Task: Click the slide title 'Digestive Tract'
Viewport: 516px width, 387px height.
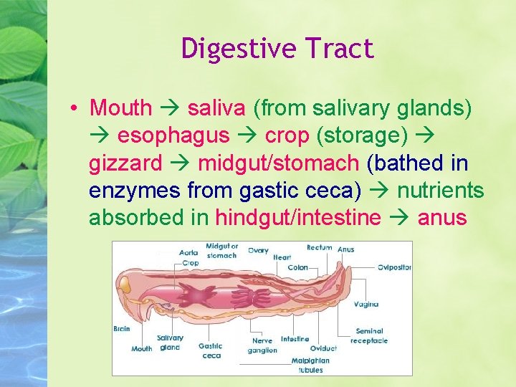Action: coord(277,49)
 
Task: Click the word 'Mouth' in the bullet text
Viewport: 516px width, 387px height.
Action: coord(120,108)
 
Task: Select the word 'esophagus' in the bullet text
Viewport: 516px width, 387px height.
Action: coord(173,135)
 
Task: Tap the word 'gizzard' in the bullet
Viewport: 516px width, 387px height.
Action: coord(125,163)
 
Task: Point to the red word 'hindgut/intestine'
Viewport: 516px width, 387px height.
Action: coord(298,217)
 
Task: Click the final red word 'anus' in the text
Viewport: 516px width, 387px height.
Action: coord(441,217)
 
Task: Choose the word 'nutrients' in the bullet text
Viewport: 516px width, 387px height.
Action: coord(440,190)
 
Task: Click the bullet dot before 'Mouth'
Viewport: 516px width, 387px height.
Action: coord(74,108)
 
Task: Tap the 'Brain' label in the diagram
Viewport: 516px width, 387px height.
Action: coord(122,329)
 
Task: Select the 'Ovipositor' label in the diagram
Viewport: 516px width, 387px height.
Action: coord(395,267)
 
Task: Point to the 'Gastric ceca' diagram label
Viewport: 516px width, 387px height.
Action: coord(211,350)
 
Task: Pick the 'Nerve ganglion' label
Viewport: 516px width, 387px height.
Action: coord(263,345)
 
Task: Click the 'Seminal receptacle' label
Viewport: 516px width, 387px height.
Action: coord(369,336)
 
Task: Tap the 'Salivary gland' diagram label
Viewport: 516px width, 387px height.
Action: coord(170,343)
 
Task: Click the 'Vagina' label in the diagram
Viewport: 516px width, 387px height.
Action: coord(366,304)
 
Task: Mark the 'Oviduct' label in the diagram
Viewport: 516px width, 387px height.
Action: coord(323,349)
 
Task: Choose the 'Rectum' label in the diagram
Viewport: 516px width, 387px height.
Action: coord(319,248)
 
